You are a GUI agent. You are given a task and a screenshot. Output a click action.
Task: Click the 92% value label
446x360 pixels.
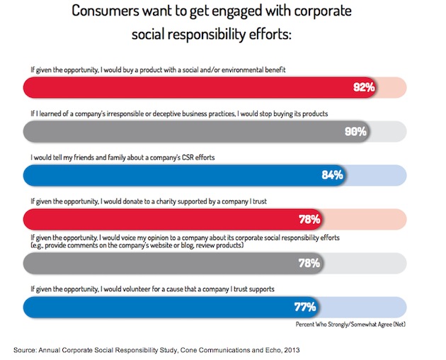(363, 88)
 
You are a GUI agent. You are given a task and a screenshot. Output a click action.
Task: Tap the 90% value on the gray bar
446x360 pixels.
(355, 131)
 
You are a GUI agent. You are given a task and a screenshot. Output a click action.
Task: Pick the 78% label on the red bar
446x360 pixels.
(309, 218)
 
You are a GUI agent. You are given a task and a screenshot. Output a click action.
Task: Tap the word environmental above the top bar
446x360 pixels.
(215, 70)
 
